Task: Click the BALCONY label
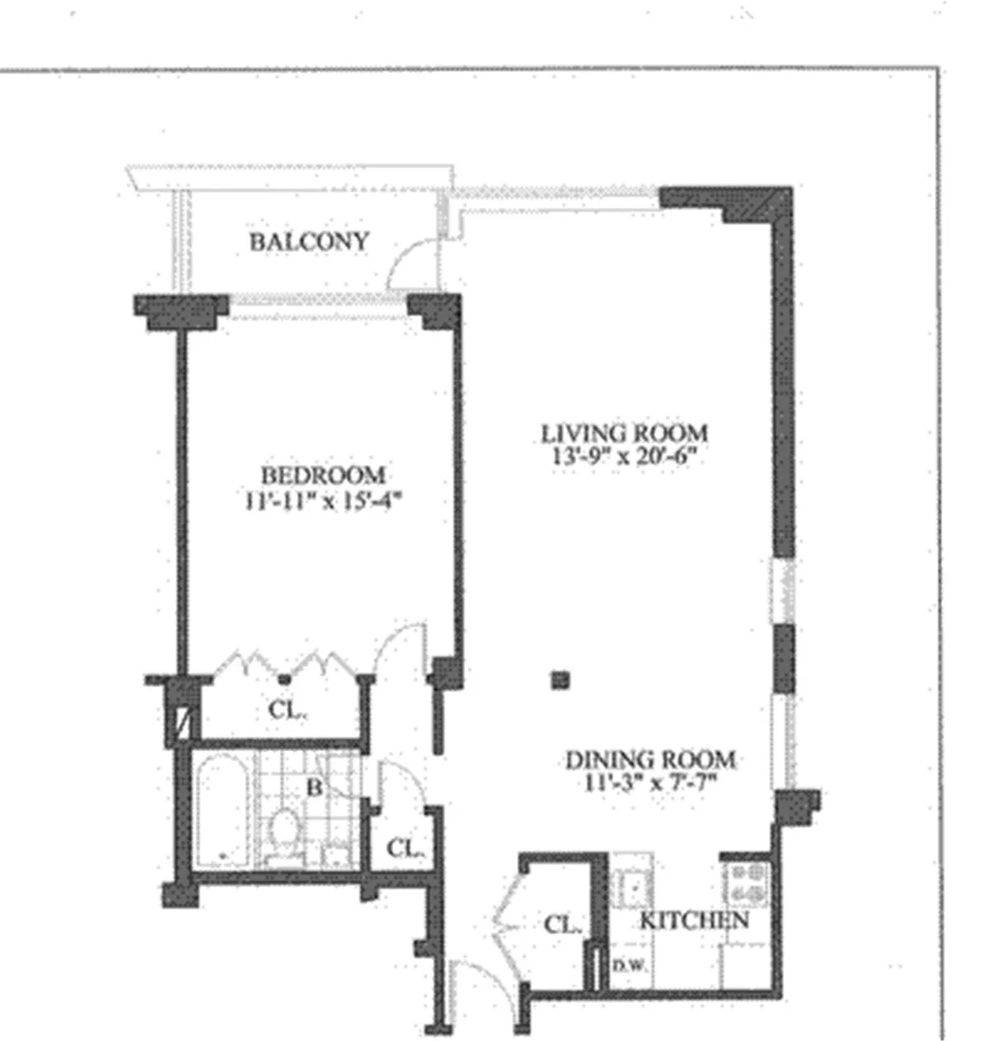[309, 242]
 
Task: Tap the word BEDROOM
[322, 476]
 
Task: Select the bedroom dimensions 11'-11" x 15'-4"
[322, 500]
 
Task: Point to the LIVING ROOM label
[624, 433]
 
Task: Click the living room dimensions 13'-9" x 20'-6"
[624, 457]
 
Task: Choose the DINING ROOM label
[649, 759]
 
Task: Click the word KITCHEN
[694, 920]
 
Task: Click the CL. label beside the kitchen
[563, 925]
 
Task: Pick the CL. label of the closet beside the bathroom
[405, 847]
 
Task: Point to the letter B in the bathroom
[314, 787]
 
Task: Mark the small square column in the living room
[561, 680]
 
